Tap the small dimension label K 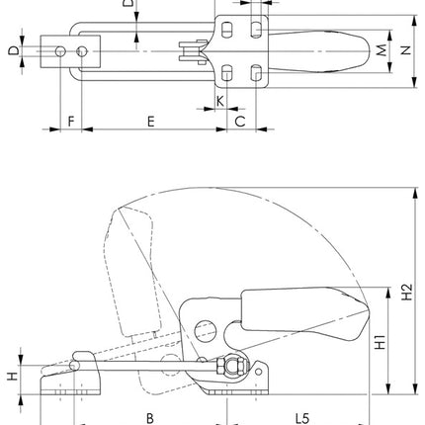pos(219,101)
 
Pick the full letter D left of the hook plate pos(12,50)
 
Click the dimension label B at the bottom pos(150,417)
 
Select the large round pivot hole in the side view pos(207,327)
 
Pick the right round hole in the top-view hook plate pos(83,50)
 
